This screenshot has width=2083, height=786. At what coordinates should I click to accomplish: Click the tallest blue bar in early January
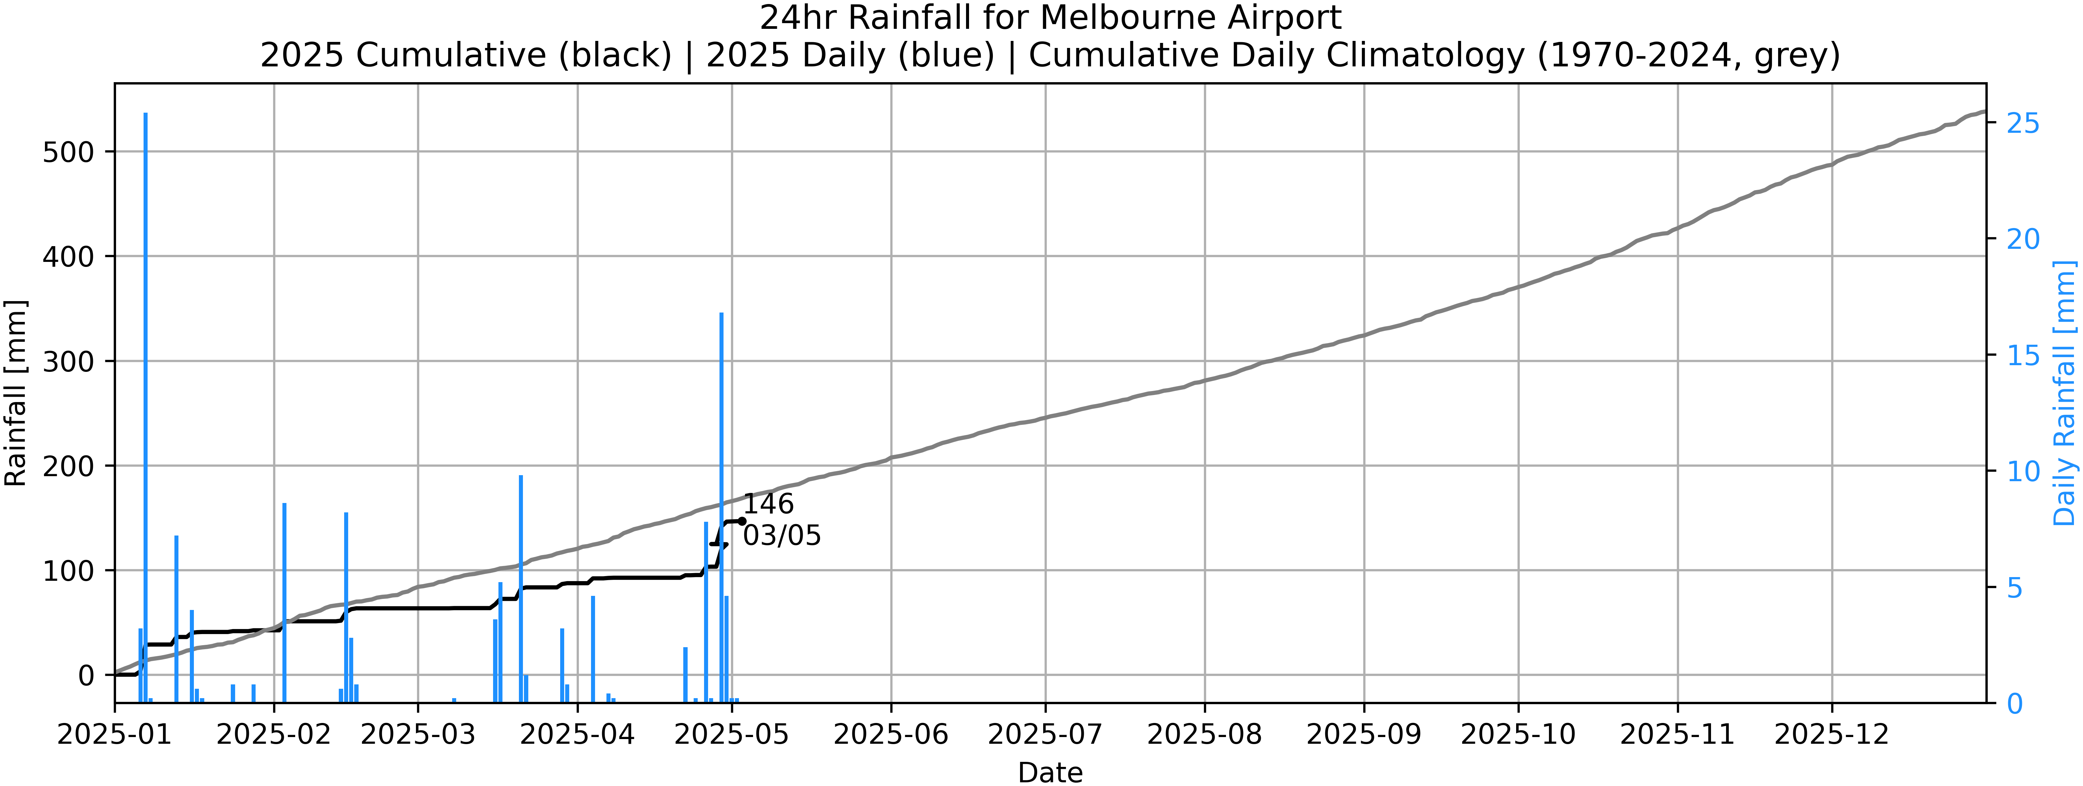click(146, 404)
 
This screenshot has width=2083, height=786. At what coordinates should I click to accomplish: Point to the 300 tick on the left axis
click(68, 361)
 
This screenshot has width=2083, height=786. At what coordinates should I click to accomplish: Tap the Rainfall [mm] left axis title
click(16, 393)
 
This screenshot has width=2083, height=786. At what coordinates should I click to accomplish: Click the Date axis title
click(1050, 772)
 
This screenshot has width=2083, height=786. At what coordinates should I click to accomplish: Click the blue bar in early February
click(285, 603)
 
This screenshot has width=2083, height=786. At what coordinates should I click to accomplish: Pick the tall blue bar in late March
click(521, 589)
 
